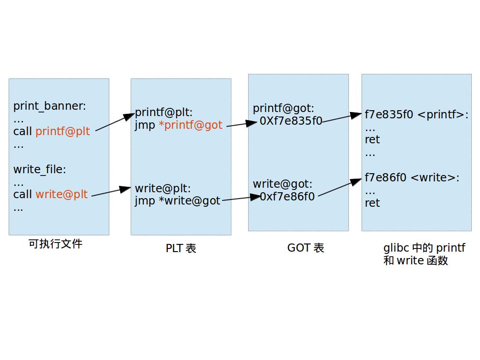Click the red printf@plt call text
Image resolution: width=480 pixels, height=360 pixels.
pos(63,131)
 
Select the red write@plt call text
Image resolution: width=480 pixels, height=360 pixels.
pos(61,195)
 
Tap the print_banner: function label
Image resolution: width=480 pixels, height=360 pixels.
pos(49,106)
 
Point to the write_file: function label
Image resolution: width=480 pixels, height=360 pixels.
pos(39,170)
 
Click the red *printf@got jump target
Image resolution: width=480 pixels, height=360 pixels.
pos(191,125)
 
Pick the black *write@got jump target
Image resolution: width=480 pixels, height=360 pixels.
pos(189,201)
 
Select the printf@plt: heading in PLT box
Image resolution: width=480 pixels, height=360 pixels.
pos(164,113)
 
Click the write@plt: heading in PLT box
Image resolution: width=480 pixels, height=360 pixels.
pos(163,188)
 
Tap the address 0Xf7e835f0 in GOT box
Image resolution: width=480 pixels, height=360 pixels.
pos(291,121)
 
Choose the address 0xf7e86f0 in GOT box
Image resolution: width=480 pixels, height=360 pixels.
pos(287,197)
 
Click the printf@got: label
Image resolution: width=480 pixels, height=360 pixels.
pos(283,109)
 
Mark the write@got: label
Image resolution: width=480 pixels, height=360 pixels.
pos(282,184)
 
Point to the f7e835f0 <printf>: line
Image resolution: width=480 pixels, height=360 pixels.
pos(416,115)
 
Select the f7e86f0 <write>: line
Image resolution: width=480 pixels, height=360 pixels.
pos(411,178)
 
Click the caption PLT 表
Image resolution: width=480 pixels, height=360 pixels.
pos(181,248)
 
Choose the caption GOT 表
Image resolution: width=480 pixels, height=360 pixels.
pos(305,248)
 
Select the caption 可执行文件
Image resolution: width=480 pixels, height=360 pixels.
pos(55,244)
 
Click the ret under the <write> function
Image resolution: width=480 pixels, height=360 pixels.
pos(372,203)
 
